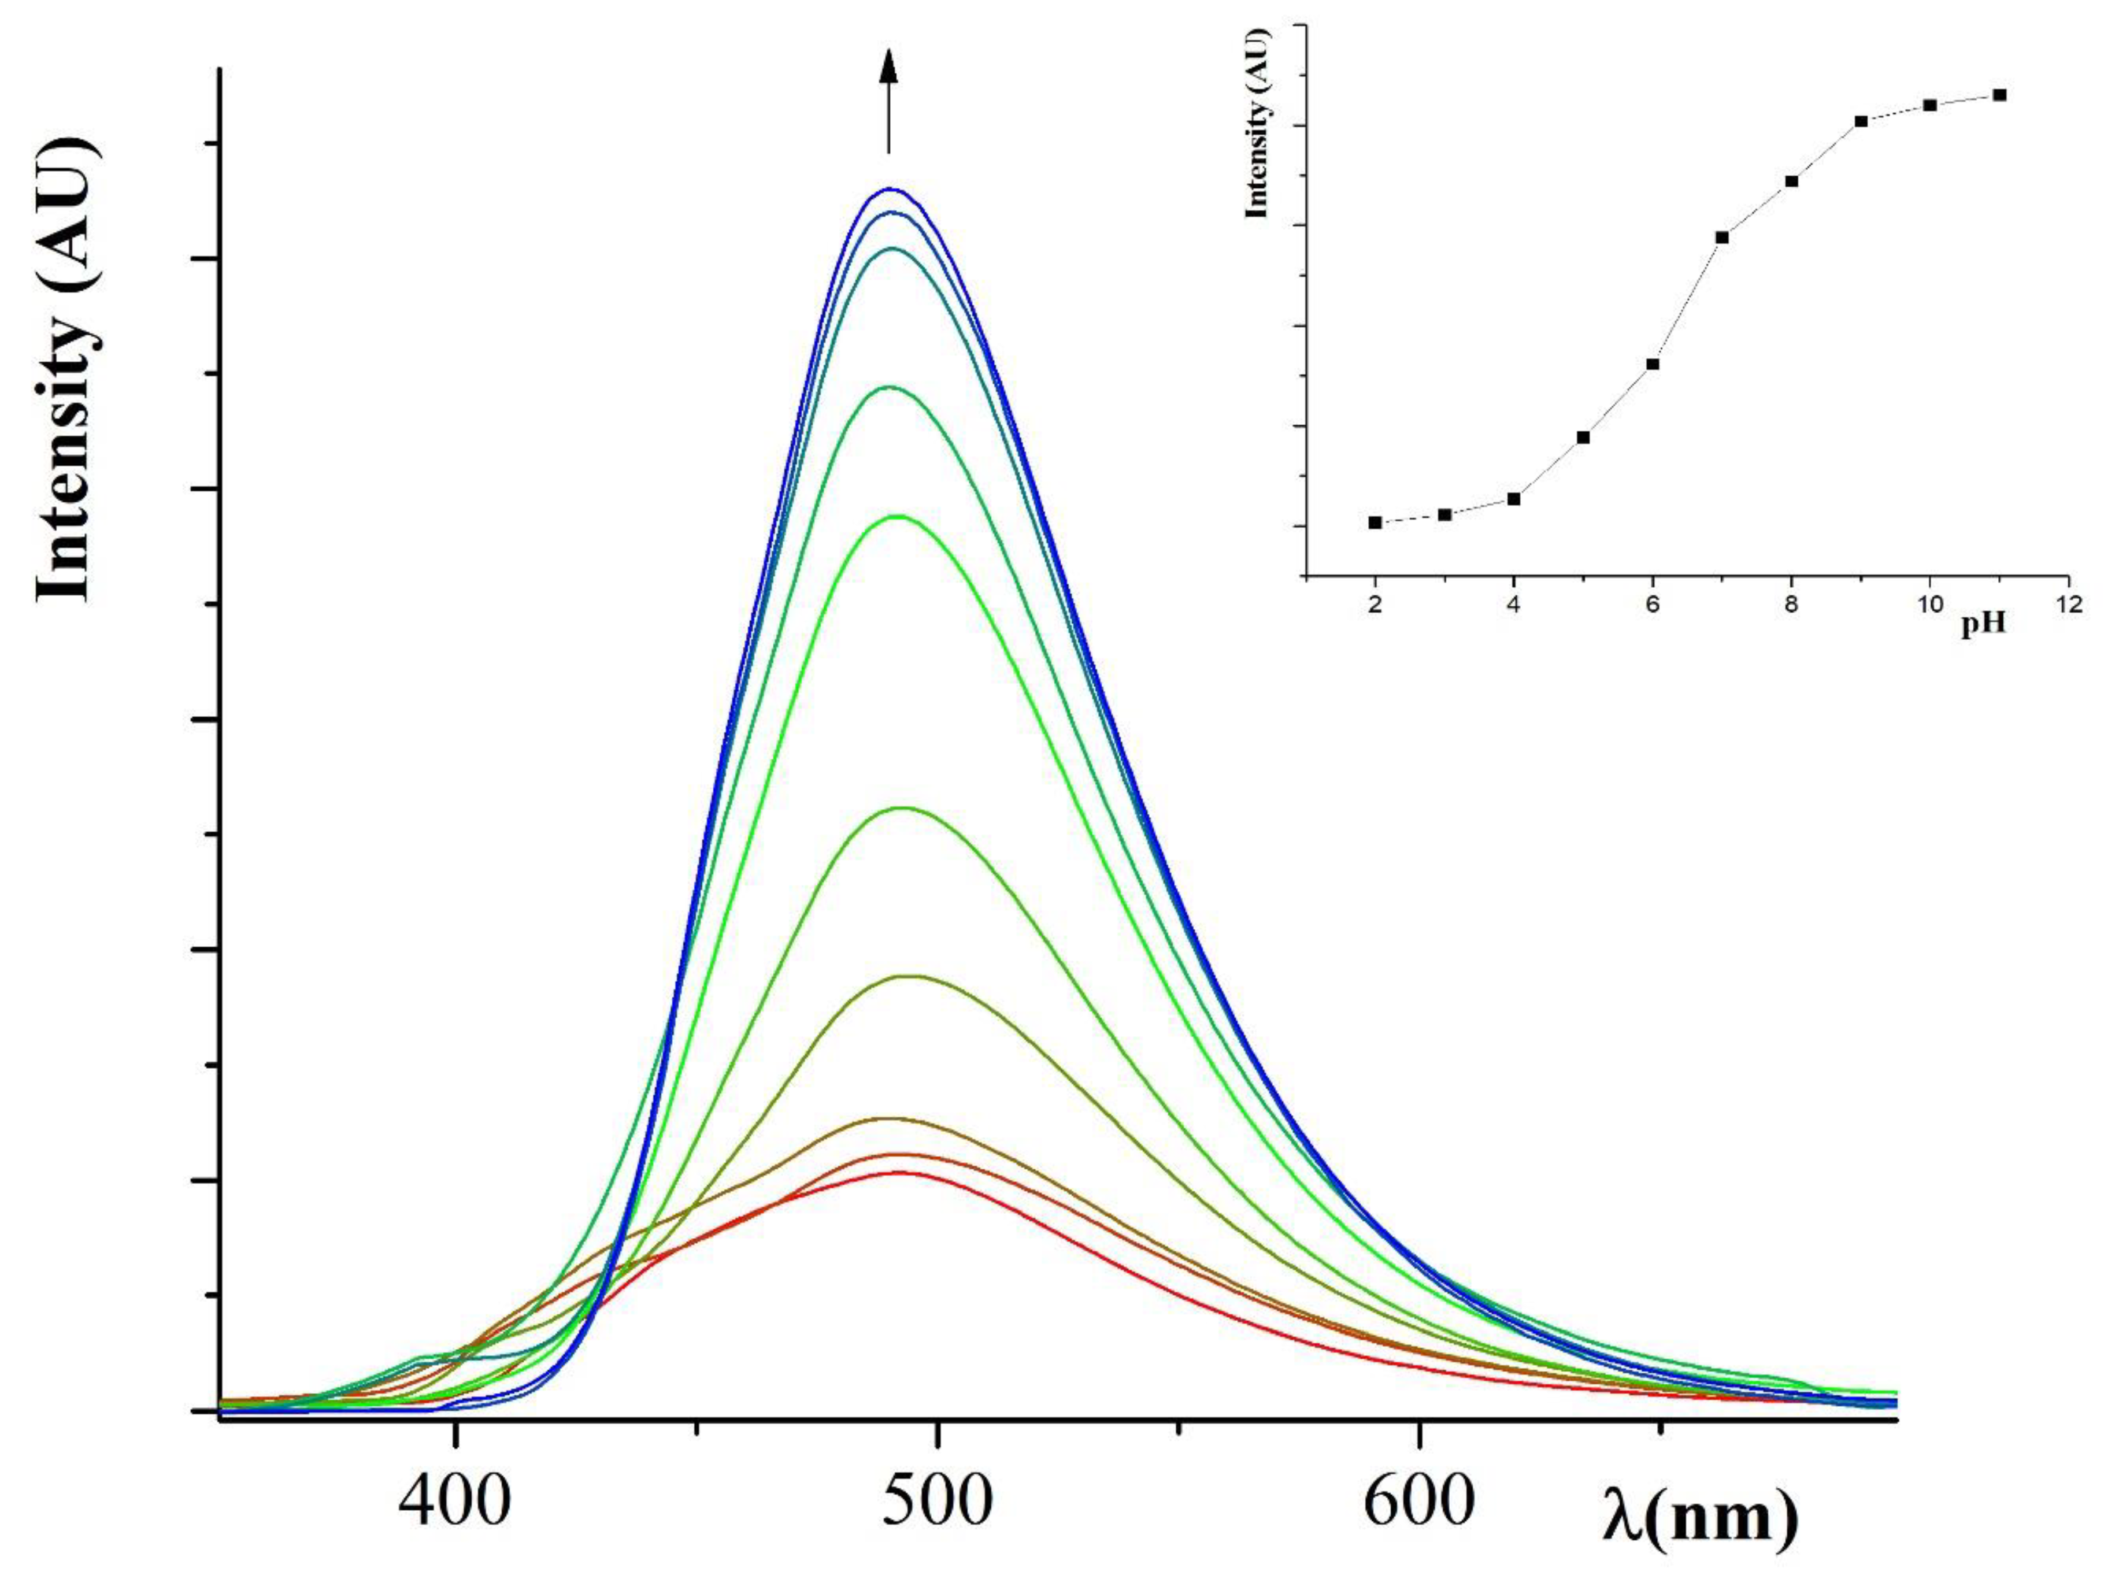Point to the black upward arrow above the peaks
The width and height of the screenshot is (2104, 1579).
pyautogui.click(x=888, y=100)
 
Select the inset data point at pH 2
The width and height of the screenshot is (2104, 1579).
pyautogui.click(x=1375, y=522)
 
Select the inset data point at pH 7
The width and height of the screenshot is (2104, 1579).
pyautogui.click(x=1721, y=237)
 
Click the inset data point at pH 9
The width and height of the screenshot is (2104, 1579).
pyautogui.click(x=1861, y=121)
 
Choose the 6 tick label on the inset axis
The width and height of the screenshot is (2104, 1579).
pyautogui.click(x=1652, y=606)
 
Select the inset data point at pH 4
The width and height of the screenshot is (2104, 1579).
pyautogui.click(x=1513, y=498)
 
